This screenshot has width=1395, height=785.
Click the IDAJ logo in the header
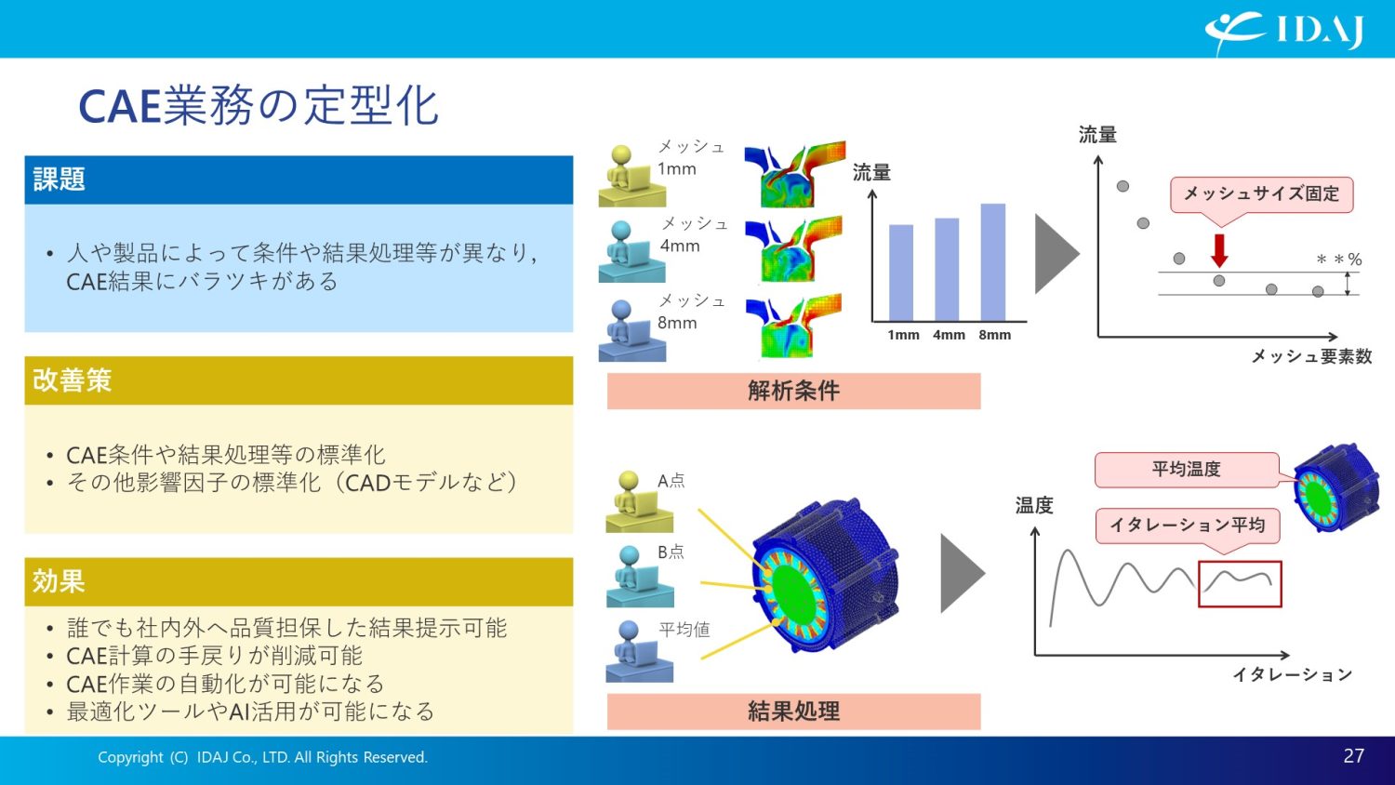[x=1283, y=30]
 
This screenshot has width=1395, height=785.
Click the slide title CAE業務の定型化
[x=259, y=106]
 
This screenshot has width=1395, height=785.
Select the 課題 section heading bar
[x=298, y=180]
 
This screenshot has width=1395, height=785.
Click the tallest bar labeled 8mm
[x=993, y=262]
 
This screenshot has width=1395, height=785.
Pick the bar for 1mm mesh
[x=901, y=273]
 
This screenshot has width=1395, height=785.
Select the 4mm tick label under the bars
[x=949, y=335]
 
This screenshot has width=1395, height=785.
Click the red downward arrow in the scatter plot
[x=1219, y=250]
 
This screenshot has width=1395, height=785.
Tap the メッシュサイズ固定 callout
[x=1260, y=194]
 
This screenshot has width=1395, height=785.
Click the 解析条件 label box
[x=793, y=391]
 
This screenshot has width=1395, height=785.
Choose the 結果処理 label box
[x=793, y=712]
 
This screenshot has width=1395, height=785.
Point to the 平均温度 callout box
[x=1186, y=470]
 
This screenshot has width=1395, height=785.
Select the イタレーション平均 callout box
[x=1187, y=526]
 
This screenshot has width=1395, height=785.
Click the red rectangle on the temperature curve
[x=1240, y=584]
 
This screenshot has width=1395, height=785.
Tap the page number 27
[x=1353, y=756]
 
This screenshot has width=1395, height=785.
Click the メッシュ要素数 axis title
[x=1311, y=357]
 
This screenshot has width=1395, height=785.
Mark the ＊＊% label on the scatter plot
[x=1338, y=259]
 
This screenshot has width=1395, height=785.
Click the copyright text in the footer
[x=262, y=757]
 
